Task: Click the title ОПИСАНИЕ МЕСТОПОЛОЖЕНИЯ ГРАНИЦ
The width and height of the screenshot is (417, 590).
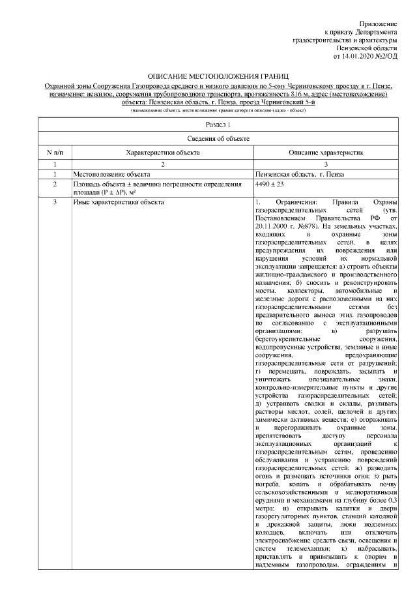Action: (208, 78)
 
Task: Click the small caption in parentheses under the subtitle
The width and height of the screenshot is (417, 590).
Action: (208, 111)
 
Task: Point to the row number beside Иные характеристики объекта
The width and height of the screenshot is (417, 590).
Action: (55, 202)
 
